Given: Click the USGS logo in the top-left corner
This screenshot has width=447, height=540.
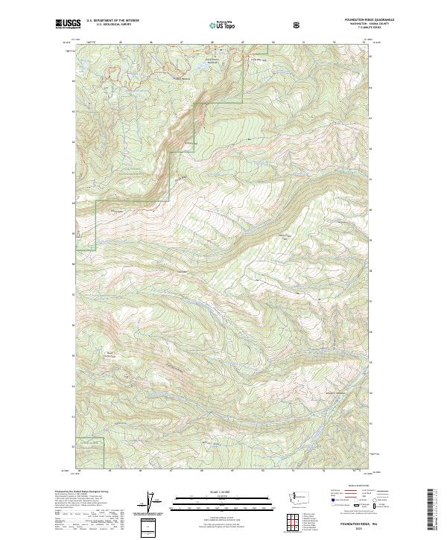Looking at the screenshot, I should point(68,25).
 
